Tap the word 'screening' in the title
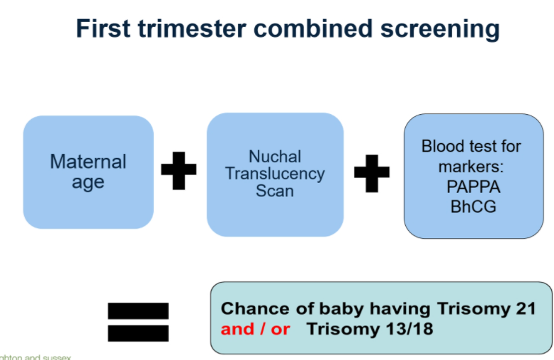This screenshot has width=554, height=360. tap(431, 29)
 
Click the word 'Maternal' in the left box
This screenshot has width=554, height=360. tap(88, 162)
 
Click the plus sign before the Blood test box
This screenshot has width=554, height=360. tap(372, 173)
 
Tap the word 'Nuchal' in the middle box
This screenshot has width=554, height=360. tap(275, 156)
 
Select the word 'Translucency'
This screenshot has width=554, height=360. tap(275, 173)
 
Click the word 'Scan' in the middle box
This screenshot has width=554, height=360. tap(275, 190)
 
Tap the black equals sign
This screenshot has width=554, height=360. tap(138, 321)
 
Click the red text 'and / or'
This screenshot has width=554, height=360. tap(255, 330)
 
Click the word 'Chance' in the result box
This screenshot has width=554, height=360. tap(255, 309)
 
